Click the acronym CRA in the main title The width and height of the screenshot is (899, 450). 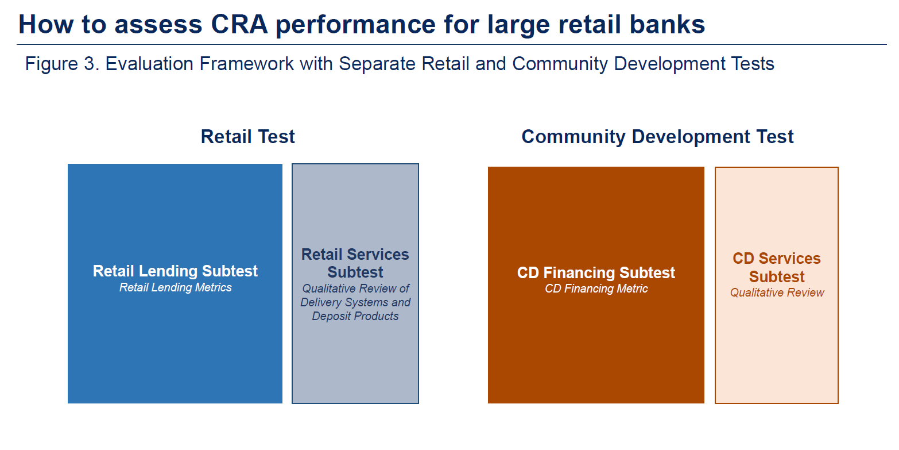point(239,24)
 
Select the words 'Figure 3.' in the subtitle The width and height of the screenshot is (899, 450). point(62,64)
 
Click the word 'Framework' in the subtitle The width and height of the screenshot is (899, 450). point(246,64)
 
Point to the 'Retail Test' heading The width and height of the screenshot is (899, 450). point(247,137)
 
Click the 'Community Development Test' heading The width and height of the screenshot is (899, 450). point(657,137)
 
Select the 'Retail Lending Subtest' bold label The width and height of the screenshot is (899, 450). point(175,271)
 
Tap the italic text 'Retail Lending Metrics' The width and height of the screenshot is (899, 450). point(176,288)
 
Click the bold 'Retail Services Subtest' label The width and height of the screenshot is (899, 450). point(355,263)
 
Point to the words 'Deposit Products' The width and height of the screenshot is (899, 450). point(355,316)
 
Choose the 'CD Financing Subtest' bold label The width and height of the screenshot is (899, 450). point(596,273)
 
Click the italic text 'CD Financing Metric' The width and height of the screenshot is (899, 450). point(596,289)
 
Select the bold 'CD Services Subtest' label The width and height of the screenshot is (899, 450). point(777,268)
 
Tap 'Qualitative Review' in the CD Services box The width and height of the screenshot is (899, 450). point(777,293)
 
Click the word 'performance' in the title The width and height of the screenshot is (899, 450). point(355,25)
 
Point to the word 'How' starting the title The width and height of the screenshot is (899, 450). point(46,24)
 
